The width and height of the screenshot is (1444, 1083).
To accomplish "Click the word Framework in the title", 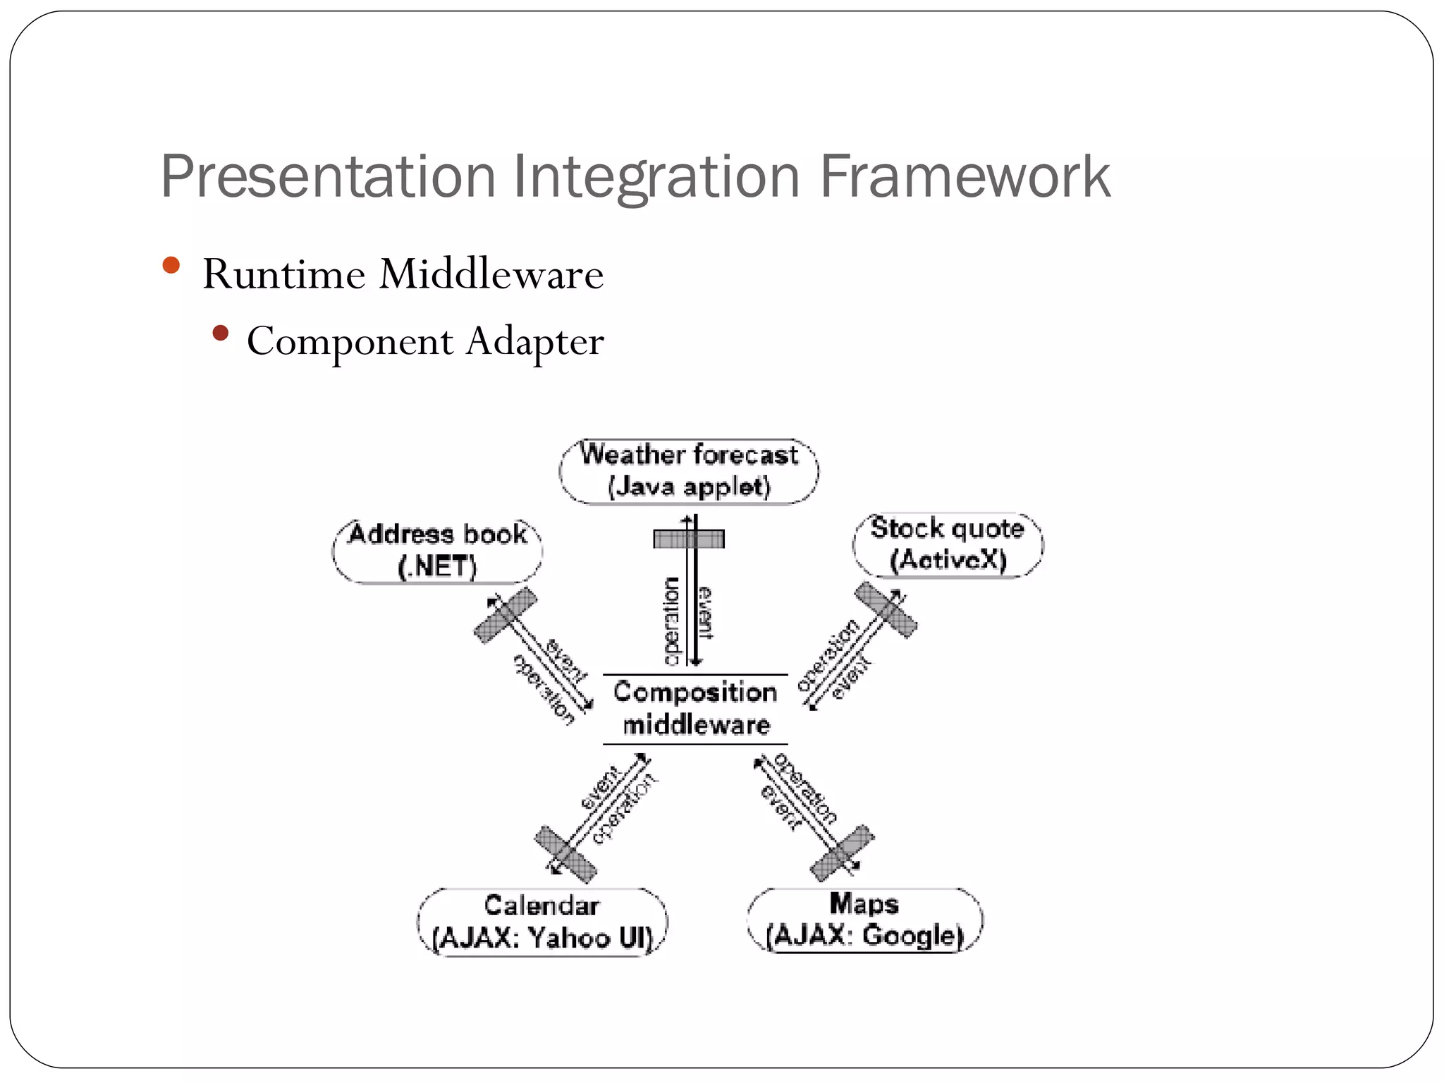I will point(965,176).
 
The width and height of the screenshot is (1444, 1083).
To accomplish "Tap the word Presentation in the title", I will point(329,178).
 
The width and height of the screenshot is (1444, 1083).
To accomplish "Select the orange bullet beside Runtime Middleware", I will point(171,266).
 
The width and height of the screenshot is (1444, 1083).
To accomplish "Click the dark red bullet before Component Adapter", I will point(221,333).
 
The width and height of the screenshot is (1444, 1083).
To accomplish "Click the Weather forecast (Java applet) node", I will point(689,471).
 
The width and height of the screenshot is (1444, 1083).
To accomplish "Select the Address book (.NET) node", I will point(437,551).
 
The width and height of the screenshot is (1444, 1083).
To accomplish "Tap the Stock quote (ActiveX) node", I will point(947,544).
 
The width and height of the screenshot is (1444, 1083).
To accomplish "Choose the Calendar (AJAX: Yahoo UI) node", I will point(541,922).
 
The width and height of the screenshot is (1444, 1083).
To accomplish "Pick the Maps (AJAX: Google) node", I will point(864,920).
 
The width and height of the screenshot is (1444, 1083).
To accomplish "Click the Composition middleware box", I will point(695,709).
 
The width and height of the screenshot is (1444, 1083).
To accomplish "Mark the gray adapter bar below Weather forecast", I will point(688,539).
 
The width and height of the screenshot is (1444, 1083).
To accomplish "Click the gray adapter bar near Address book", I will point(505,615).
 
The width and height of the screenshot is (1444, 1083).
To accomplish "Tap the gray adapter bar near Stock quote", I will point(886,610).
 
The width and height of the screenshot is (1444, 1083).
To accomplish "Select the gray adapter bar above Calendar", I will point(565,855).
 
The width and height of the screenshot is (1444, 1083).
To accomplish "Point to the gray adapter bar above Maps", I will point(842,853).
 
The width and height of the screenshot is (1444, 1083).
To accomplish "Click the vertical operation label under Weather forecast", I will point(672,620).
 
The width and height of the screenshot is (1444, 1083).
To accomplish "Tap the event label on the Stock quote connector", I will point(852,678).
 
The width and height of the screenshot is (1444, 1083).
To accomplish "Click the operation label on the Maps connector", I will point(806,788).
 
